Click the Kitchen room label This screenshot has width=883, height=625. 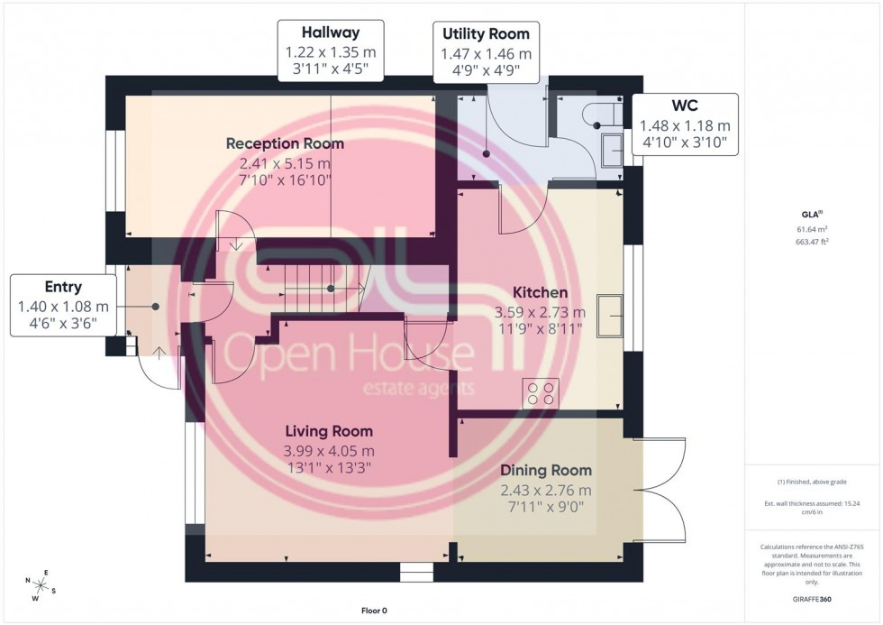coord(540,292)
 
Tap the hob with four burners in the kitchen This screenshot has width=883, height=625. coord(541,392)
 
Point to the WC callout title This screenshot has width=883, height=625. coord(685,106)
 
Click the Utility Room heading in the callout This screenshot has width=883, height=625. coord(486,34)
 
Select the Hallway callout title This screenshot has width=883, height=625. coord(331,32)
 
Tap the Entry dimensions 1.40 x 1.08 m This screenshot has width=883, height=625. coord(63,307)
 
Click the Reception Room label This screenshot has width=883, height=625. coord(285,143)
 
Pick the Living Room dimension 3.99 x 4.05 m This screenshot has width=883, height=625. coord(329,451)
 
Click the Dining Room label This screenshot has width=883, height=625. coord(546,470)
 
